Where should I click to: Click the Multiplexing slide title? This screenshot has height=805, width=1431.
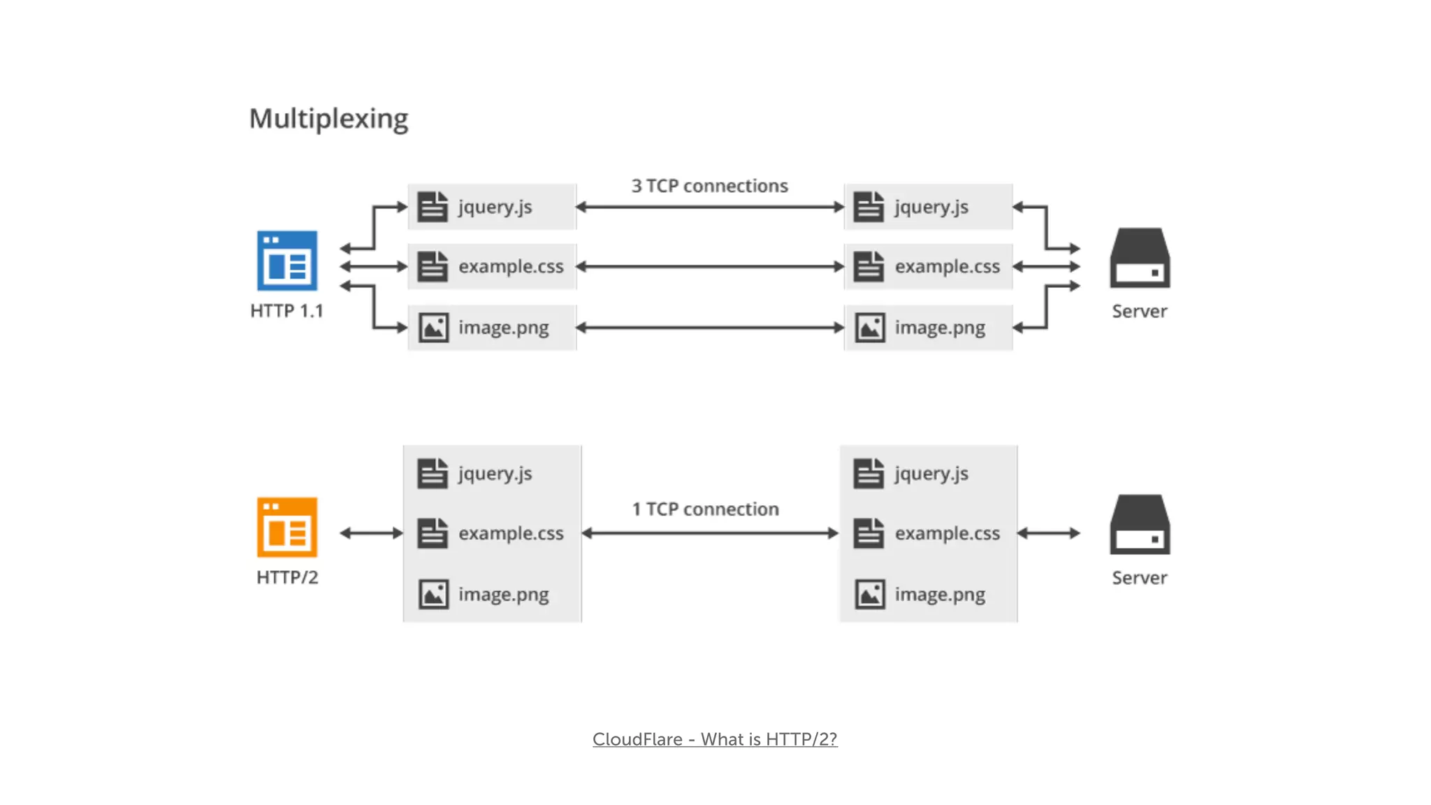328,119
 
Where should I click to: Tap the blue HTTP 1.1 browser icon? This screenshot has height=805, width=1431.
287,261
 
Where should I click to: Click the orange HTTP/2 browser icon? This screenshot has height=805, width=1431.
287,528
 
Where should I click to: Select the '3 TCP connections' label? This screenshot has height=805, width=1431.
709,186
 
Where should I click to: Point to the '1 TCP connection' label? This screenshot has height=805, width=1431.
705,509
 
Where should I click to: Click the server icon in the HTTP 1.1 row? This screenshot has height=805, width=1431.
1140,258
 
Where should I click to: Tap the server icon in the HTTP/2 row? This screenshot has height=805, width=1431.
1140,525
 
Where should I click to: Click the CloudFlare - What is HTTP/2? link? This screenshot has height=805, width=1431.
715,739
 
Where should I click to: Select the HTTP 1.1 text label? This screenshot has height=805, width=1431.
286,311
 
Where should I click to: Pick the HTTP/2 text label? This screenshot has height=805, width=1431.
287,577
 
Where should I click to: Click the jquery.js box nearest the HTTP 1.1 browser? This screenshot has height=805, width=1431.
492,207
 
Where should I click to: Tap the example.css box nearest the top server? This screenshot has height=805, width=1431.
928,266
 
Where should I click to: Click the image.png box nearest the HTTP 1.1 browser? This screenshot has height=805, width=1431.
492,328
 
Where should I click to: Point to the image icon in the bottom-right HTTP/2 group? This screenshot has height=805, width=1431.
870,595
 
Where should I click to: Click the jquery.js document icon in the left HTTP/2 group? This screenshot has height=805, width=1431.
433,473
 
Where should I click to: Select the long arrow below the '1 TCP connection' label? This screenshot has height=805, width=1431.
709,533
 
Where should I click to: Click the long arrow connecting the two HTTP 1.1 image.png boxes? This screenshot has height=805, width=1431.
709,328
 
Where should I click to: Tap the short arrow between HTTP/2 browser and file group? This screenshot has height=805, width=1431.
371,533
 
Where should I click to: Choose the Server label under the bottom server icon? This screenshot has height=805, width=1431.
1139,578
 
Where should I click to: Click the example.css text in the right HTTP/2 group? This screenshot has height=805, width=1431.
947,533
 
